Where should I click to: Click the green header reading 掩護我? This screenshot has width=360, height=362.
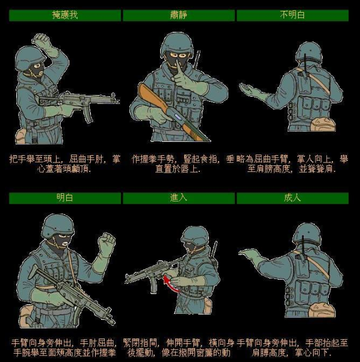pyautogui.click(x=64, y=15)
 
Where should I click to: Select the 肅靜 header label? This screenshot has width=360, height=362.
pyautogui.click(x=179, y=15)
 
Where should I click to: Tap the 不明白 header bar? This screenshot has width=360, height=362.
pyautogui.click(x=293, y=15)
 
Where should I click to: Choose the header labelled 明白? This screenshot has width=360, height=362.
pyautogui.click(x=64, y=198)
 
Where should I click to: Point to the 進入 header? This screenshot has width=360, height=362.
pyautogui.click(x=179, y=198)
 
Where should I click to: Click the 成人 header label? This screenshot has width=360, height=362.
pyautogui.click(x=293, y=198)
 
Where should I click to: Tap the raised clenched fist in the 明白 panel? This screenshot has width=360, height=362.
pyautogui.click(x=107, y=244)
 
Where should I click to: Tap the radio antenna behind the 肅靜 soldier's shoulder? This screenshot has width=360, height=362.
pyautogui.click(x=197, y=60)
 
